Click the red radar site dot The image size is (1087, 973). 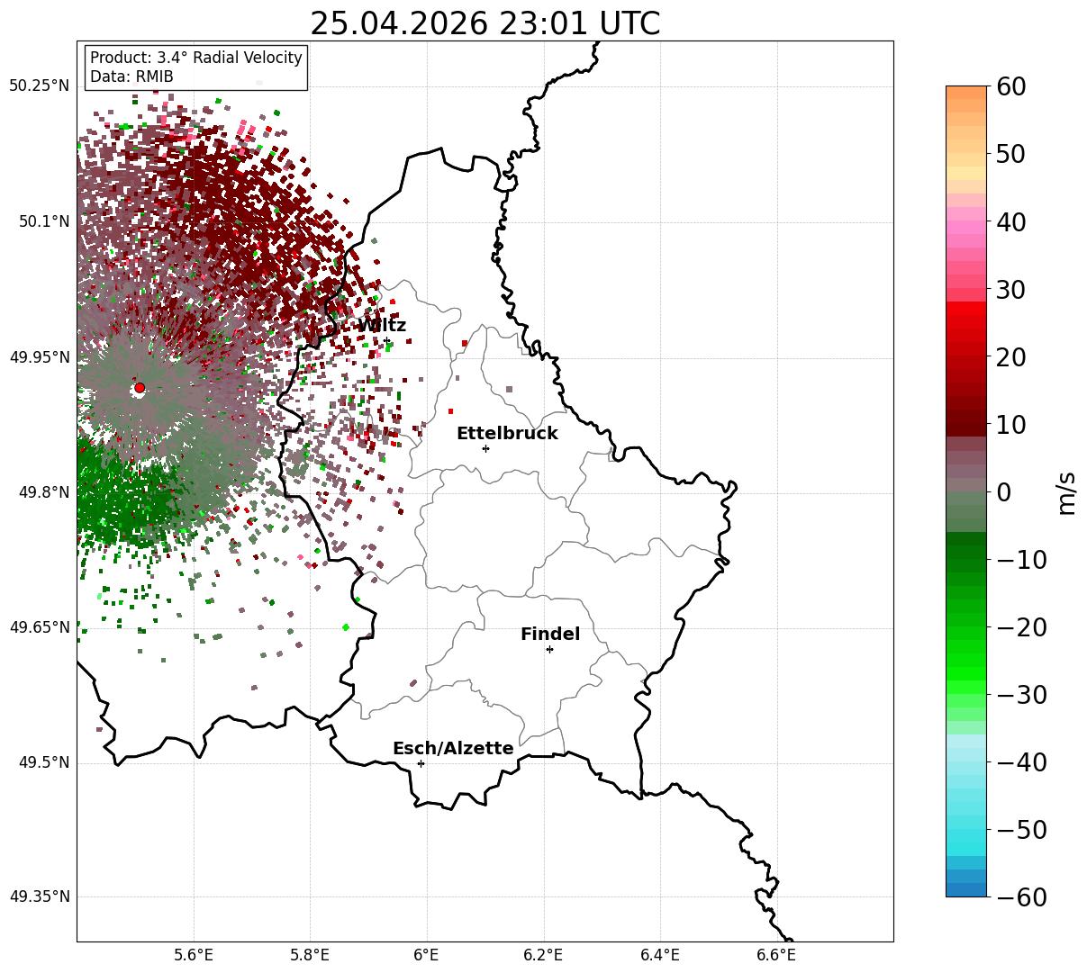[x=140, y=388]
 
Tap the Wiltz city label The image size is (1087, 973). [x=382, y=325]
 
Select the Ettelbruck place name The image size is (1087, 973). [x=507, y=434]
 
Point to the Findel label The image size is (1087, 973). [x=550, y=634]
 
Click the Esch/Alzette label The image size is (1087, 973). [x=453, y=748]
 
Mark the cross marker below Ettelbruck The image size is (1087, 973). [x=485, y=449]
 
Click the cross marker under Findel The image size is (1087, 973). [x=549, y=650]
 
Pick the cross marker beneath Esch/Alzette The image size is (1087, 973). [x=421, y=763]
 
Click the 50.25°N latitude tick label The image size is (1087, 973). [x=39, y=86]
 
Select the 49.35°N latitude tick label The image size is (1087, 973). [x=39, y=896]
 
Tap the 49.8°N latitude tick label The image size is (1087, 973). [x=44, y=492]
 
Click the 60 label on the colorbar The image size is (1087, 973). [x=1010, y=86]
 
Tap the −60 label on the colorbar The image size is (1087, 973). [x=1021, y=896]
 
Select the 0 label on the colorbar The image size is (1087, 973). [x=1004, y=491]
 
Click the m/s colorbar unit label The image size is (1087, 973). [x=1067, y=493]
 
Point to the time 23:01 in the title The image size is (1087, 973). [x=543, y=23]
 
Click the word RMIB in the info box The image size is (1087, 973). [x=154, y=77]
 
